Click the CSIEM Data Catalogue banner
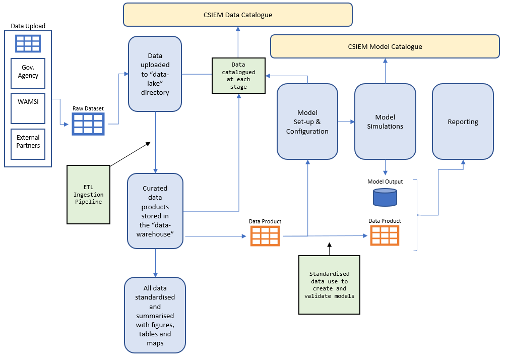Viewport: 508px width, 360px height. (x=237, y=15)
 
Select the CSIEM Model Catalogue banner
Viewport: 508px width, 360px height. (x=385, y=46)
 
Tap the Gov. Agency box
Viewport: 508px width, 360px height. (x=28, y=72)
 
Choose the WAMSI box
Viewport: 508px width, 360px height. (x=28, y=104)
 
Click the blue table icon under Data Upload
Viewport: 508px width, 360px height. (x=28, y=43)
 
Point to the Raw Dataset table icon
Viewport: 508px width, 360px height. (x=88, y=124)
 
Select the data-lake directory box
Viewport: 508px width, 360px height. (x=155, y=74)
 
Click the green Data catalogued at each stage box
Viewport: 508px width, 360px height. (x=238, y=76)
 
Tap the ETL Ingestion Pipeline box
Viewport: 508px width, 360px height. (x=88, y=194)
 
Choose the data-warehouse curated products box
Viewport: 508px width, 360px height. (x=155, y=211)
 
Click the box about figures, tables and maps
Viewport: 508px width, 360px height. (x=155, y=315)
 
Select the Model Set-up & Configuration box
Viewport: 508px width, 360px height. (x=307, y=122)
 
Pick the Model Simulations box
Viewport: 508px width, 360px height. (x=385, y=122)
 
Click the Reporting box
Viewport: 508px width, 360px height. (x=463, y=122)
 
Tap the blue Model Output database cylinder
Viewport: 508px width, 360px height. (x=385, y=197)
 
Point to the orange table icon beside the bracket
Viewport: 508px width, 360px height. (x=385, y=235)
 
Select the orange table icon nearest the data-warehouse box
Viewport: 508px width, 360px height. (x=265, y=235)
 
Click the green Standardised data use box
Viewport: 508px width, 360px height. (x=329, y=285)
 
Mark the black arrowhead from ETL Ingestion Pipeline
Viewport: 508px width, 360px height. (x=148, y=144)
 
